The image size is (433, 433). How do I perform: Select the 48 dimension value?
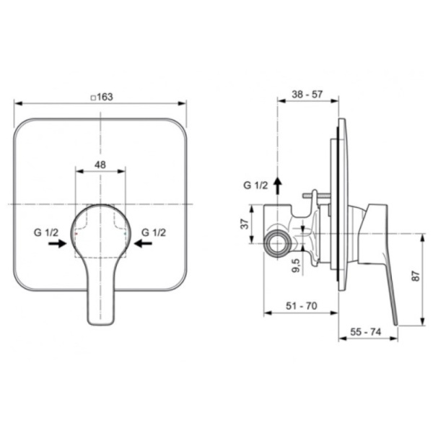click(100, 165)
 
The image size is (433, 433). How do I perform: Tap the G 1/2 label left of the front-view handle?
click(46, 233)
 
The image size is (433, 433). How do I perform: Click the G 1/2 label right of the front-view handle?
click(154, 233)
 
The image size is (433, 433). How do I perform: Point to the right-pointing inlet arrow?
click(58, 244)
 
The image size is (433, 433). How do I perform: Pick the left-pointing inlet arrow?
click(143, 244)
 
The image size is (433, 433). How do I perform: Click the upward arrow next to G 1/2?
click(278, 185)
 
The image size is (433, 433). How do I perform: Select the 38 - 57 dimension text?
click(307, 95)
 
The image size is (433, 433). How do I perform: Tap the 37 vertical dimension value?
click(245, 224)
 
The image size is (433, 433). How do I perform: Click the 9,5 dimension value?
click(296, 266)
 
